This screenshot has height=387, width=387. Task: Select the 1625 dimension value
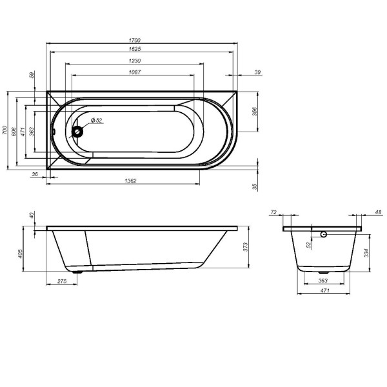(x=135, y=50)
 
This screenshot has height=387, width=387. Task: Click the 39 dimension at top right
(x=258, y=72)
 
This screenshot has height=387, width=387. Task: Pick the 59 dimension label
(x=32, y=75)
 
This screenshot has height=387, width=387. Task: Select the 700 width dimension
(x=5, y=131)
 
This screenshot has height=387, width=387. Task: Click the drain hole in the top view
(x=79, y=132)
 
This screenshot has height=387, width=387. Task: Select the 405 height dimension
(x=21, y=253)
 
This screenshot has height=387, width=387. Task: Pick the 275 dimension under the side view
(x=63, y=282)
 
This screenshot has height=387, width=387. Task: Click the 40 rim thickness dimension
(x=30, y=215)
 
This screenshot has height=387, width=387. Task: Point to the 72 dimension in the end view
(x=273, y=212)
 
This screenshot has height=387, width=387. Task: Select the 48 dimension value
(x=378, y=212)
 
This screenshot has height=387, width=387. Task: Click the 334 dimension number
(x=366, y=252)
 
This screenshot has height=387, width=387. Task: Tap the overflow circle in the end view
(x=324, y=235)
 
